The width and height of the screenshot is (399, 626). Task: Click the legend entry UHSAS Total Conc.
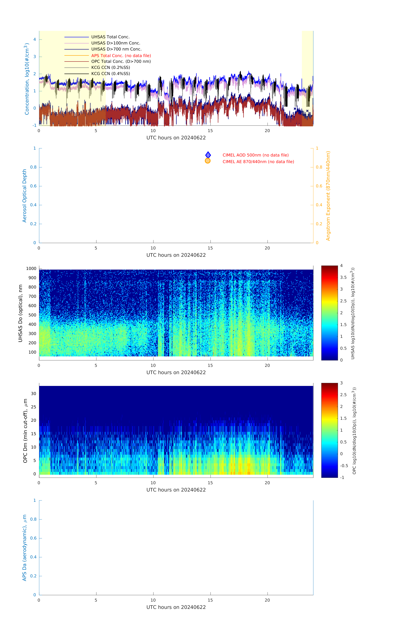point(110,37)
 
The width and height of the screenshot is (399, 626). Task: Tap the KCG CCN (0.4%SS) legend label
point(110,74)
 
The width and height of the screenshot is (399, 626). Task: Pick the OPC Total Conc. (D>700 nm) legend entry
point(121,61)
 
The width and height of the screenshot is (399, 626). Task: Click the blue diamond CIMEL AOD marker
point(208,155)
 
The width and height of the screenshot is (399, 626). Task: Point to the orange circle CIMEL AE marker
point(207,161)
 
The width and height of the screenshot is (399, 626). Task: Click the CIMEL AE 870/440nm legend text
point(258,162)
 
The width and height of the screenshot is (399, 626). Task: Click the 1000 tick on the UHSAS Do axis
point(31,269)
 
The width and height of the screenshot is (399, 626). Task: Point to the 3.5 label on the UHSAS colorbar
point(343,277)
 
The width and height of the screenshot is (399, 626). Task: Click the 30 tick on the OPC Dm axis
point(33,394)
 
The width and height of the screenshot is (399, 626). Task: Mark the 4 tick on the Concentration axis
point(35,40)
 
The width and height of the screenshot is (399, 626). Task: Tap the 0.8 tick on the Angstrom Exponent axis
point(319,167)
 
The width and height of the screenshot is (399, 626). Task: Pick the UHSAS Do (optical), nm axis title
point(20,313)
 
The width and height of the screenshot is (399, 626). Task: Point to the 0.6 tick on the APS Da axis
point(33,538)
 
